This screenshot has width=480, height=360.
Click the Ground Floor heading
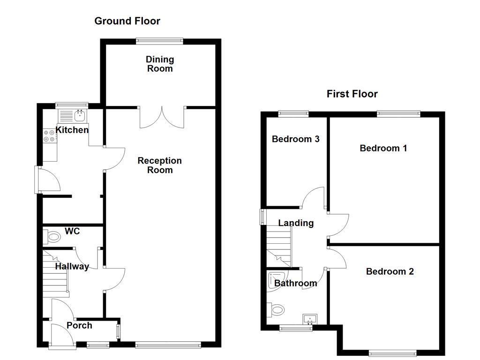coord(127,21)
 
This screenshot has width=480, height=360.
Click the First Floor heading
coord(352,94)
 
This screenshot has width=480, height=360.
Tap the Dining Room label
coord(160,64)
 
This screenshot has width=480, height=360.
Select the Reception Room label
coord(160,165)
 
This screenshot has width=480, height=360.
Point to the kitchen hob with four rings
coord(49,135)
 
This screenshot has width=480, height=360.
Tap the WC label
coord(72,231)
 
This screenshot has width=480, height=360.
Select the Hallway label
coord(72,266)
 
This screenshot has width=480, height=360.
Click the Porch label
coord(79,325)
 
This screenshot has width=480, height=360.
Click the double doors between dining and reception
coord(162,117)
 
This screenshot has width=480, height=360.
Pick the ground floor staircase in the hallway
coord(55,274)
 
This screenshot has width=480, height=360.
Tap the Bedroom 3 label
coord(296,139)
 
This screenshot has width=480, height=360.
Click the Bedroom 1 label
coord(383,148)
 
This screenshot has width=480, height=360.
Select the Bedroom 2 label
coord(390,271)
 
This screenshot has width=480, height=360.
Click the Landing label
coord(296,223)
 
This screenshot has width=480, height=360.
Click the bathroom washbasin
coord(310,319)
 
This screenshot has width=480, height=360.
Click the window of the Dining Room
coord(159,41)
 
